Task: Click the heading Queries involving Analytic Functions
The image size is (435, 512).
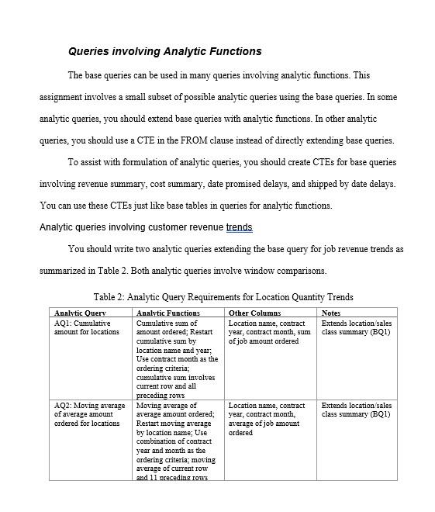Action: point(164,52)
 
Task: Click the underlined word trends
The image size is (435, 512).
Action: point(239,227)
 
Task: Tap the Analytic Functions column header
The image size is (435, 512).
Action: point(168,313)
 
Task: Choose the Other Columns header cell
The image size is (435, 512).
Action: point(254,313)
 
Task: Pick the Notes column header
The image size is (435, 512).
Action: point(331,313)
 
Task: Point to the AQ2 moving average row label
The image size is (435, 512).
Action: point(88,414)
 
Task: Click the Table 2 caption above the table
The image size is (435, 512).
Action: point(223,297)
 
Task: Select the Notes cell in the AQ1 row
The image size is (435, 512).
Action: point(356,327)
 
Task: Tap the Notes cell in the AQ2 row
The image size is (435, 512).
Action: point(356,410)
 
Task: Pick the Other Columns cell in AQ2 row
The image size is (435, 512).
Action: point(267,419)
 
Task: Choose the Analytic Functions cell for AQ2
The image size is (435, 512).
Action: point(177,441)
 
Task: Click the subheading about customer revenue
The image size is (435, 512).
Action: point(146,227)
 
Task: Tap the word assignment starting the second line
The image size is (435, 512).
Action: point(64,97)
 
